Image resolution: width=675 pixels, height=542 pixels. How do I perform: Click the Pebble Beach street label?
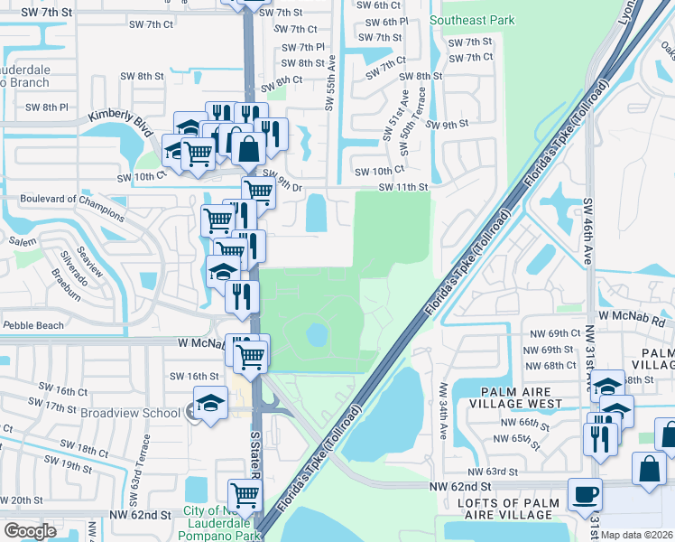33,325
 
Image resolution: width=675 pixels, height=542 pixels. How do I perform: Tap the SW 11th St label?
402,187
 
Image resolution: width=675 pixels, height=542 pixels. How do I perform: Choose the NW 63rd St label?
492,472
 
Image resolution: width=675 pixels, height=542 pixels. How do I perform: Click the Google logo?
30,531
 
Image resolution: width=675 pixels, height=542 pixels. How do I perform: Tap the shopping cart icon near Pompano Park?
245,496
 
